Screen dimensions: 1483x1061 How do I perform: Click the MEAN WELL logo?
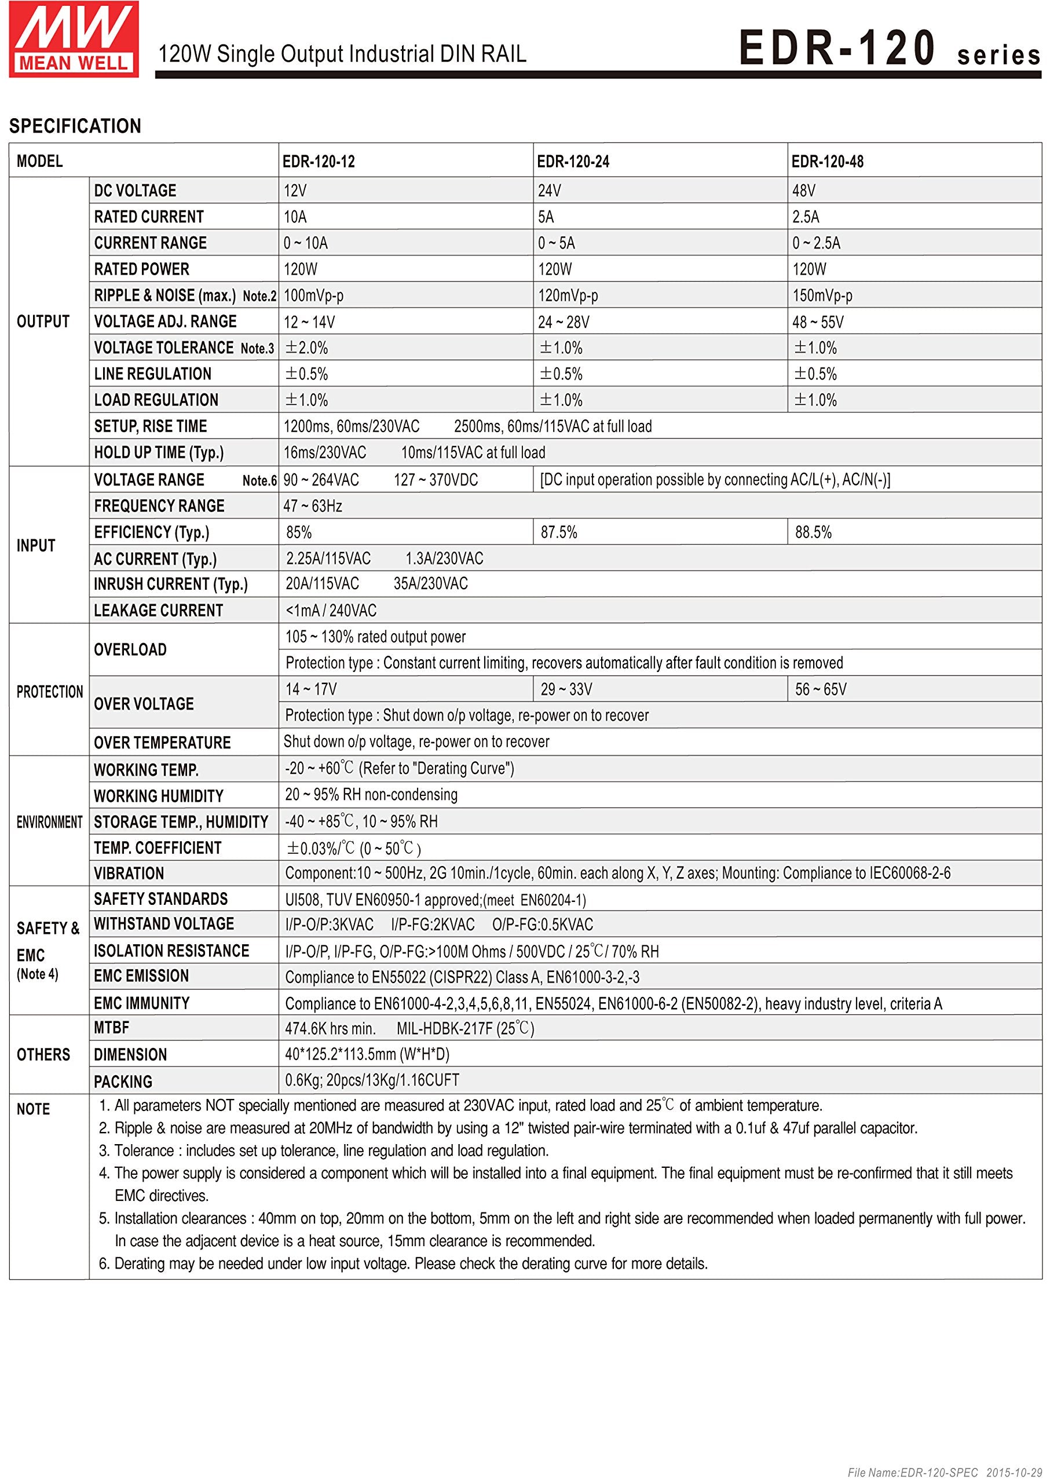73,39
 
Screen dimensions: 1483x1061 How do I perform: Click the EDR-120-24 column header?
573,162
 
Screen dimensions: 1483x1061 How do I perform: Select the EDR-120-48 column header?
827,162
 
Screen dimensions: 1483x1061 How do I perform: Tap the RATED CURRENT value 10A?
295,217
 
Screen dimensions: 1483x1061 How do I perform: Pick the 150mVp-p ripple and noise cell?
822,296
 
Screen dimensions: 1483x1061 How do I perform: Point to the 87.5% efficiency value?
559,532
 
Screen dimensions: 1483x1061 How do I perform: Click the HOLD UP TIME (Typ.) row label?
159,453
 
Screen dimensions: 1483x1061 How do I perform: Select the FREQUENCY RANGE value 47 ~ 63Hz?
313,506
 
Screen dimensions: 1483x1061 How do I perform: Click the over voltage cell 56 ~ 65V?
821,689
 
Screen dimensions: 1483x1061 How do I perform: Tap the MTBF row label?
112,1028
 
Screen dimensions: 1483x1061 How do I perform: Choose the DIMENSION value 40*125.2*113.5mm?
367,1054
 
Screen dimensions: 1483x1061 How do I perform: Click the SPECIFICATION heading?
75,126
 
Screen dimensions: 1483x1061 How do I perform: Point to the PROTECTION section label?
50,692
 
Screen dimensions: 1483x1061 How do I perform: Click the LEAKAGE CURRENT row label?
159,611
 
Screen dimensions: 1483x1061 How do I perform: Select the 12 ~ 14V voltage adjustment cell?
309,322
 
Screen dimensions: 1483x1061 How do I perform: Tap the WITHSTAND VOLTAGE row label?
164,924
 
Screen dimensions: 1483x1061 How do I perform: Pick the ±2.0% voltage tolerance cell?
306,348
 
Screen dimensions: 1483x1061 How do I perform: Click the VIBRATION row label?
129,874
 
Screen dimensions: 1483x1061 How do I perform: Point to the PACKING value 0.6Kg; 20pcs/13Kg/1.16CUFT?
372,1080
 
